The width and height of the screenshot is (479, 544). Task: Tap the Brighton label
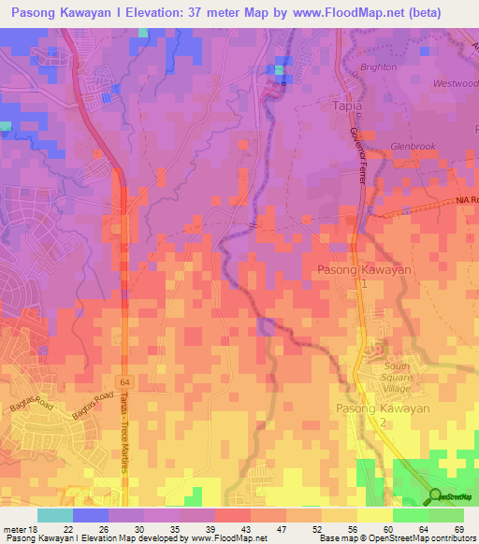pos(379,67)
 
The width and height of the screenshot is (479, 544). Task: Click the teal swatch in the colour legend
pos(54,515)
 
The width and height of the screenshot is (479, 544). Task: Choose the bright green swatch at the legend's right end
pos(445,515)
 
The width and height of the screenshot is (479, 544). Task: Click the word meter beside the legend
pos(13,529)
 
